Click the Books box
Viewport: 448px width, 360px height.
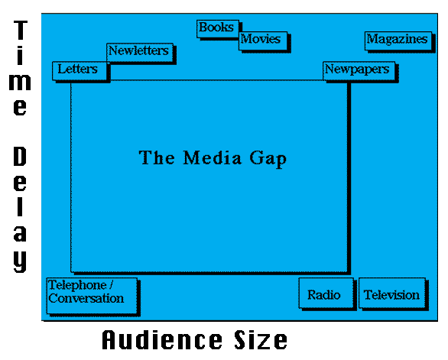tap(218, 29)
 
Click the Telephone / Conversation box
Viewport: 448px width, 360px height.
tap(92, 296)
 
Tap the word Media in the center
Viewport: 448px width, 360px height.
tap(213, 157)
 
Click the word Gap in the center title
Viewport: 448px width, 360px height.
tap(268, 158)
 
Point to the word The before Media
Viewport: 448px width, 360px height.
tap(157, 157)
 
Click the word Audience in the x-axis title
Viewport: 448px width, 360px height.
tap(162, 339)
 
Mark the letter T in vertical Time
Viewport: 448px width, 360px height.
tap(21, 30)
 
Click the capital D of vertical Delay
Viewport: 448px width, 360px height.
tap(20, 156)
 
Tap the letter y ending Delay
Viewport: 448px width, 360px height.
tap(20, 261)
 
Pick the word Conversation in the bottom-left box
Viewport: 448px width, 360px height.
tap(86, 298)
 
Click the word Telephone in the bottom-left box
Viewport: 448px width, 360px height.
tap(77, 285)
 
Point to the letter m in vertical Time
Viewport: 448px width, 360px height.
tap(20, 83)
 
